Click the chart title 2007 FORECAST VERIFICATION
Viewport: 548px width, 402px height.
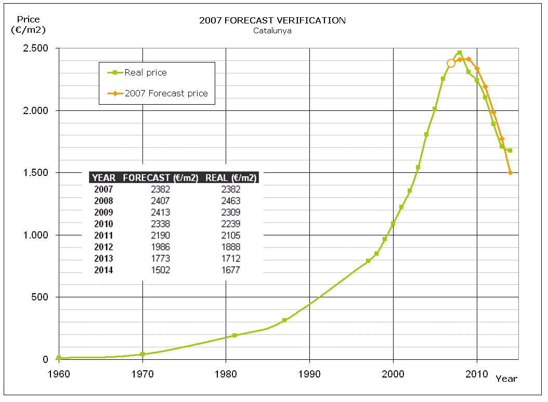[272, 20]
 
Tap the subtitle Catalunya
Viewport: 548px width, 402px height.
[272, 30]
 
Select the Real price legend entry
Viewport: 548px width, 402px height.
[146, 73]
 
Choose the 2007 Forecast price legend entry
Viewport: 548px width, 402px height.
[166, 94]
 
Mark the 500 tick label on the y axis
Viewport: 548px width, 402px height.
[41, 297]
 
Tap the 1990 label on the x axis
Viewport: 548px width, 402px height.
[309, 373]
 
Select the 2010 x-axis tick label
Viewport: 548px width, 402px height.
[477, 373]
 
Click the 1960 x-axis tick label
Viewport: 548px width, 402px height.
[58, 373]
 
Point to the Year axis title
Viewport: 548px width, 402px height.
[506, 379]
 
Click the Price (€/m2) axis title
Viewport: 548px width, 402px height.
[28, 25]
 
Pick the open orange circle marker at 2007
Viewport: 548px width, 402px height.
[451, 63]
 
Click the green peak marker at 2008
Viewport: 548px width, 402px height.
[459, 53]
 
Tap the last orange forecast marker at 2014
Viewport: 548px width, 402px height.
[510, 172]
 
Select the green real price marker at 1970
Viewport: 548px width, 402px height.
[142, 354]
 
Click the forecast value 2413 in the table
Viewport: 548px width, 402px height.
[160, 212]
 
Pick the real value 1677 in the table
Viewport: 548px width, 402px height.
[230, 270]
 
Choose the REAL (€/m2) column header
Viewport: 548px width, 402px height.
[231, 178]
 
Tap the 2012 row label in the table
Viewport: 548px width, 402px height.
[103, 247]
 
